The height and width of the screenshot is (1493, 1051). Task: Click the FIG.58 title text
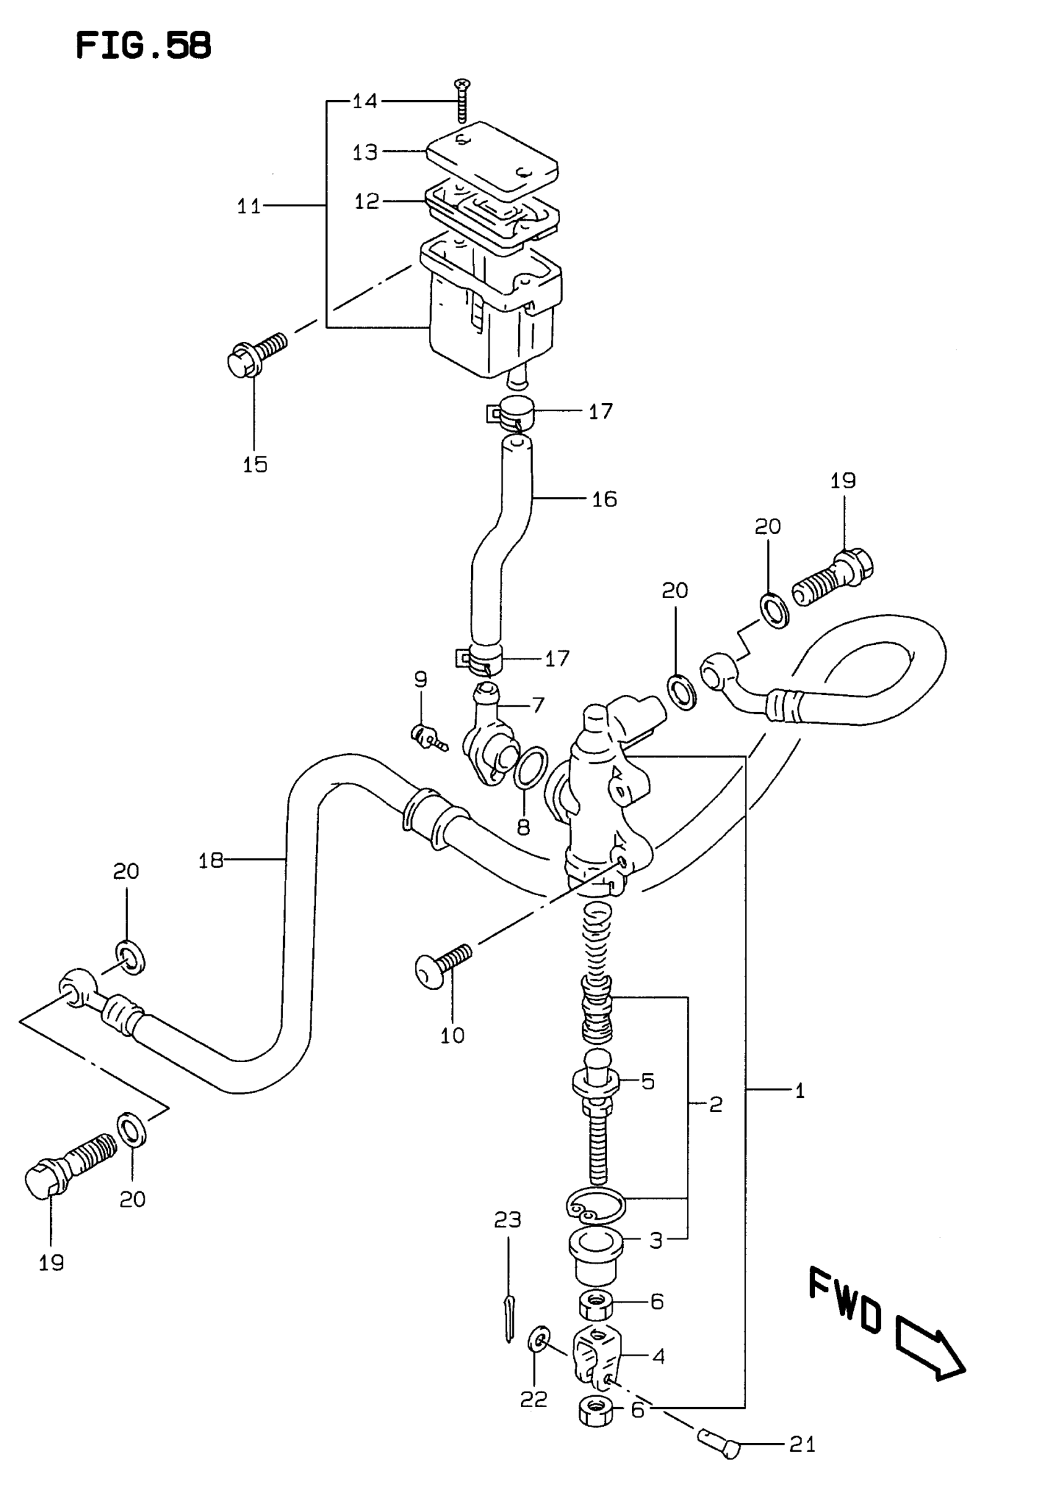(x=143, y=46)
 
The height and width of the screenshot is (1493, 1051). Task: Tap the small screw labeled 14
(x=462, y=101)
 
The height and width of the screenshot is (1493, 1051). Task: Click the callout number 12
(x=366, y=201)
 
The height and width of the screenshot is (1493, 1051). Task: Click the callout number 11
(x=249, y=206)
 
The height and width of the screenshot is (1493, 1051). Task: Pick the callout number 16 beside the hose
(x=604, y=499)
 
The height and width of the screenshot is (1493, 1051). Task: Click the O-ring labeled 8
(x=530, y=768)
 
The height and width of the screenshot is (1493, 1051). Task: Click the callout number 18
(x=211, y=861)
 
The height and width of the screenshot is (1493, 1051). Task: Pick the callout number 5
(x=648, y=1081)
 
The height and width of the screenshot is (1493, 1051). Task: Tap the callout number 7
(x=538, y=705)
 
